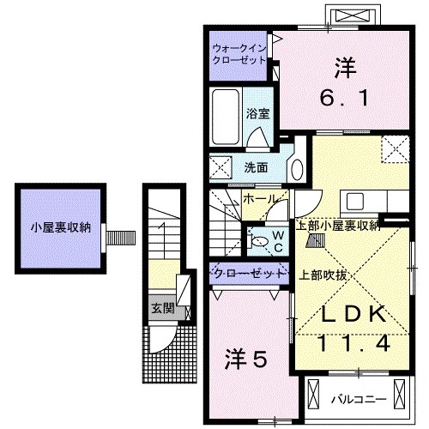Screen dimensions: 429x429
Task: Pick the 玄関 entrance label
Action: click(x=162, y=308)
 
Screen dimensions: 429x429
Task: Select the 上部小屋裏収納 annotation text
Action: click(x=337, y=226)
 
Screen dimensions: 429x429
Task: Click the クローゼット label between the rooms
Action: click(x=249, y=274)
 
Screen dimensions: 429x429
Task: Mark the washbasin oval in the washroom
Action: click(x=297, y=166)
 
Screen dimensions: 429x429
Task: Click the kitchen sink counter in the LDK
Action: click(x=366, y=203)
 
